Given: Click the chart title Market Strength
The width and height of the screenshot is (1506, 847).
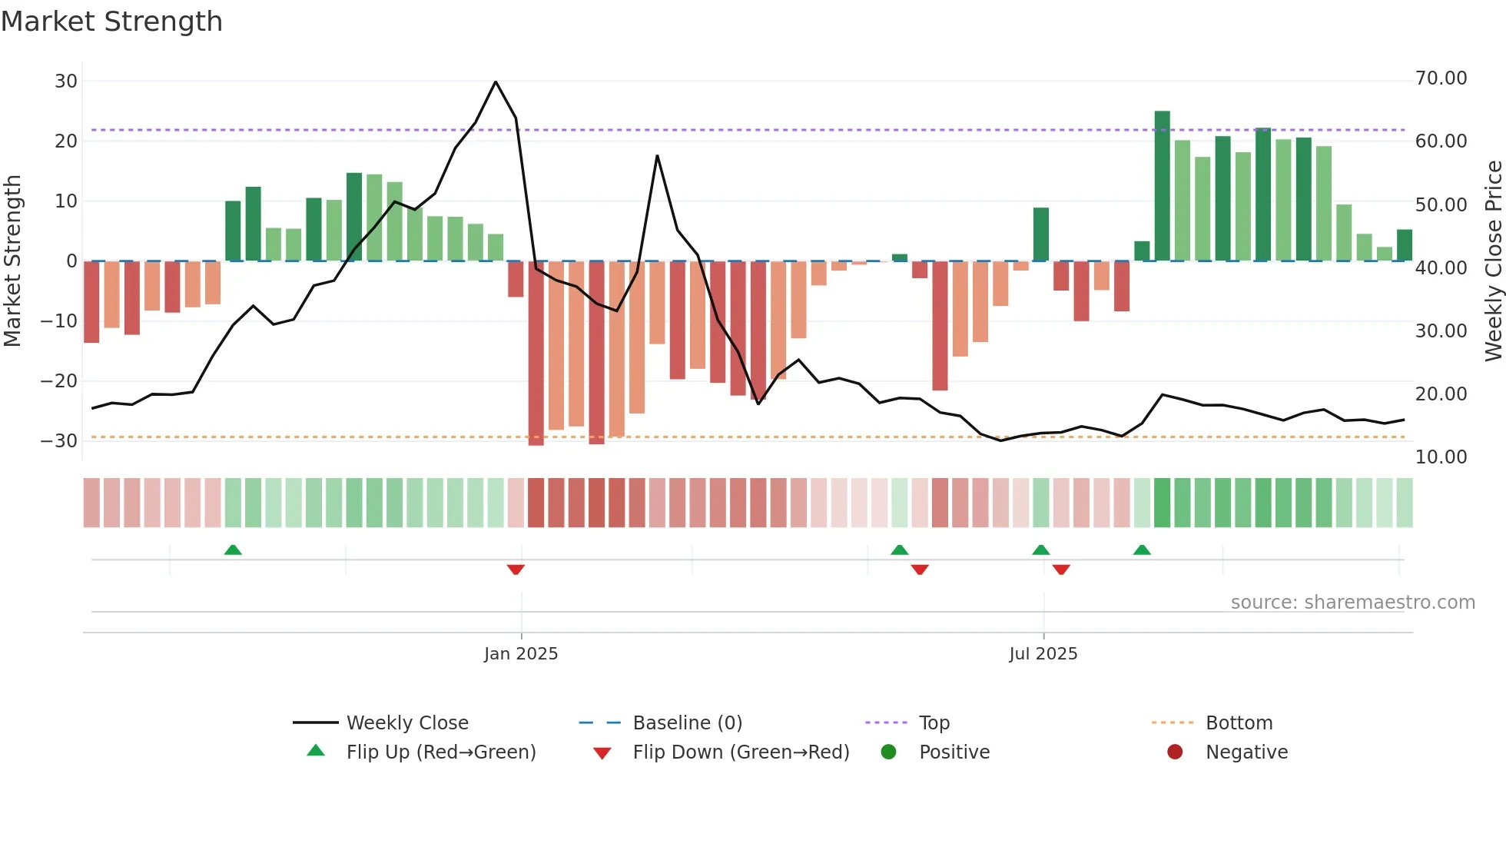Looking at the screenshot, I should pos(111,22).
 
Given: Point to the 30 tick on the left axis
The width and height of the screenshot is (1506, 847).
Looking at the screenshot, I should pos(66,81).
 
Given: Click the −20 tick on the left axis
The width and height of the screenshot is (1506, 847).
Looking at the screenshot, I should pos(59,381).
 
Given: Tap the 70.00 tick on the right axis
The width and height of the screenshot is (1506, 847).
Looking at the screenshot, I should pos(1441,78).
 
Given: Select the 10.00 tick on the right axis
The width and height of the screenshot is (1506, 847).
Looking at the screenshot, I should pos(1441,457).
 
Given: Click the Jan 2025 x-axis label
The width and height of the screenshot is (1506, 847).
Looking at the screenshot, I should pos(521,654).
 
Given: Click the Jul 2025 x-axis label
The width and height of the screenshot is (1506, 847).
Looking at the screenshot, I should pos(1043,654).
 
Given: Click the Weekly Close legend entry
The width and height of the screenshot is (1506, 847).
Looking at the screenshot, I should pos(406,723).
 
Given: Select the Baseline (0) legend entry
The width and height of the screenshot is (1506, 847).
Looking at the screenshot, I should pos(687,723).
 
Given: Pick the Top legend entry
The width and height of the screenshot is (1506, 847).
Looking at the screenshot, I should pos(934,723).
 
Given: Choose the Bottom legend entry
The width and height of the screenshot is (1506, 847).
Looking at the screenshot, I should pos(1239,723).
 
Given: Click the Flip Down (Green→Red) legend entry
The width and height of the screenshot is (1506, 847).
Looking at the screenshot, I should pos(741,752).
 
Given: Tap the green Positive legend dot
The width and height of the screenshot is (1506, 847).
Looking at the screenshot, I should pos(888,752).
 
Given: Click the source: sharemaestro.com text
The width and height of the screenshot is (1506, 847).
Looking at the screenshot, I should pos(1352,603).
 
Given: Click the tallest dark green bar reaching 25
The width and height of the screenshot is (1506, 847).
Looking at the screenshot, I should pos(1162,184).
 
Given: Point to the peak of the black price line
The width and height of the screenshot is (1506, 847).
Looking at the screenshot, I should pos(496,82).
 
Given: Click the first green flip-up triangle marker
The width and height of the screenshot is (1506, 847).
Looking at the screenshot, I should pos(233,550).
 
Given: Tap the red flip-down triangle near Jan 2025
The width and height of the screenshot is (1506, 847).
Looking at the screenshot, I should pos(516,570).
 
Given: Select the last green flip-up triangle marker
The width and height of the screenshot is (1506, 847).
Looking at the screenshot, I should pos(1142,550).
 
